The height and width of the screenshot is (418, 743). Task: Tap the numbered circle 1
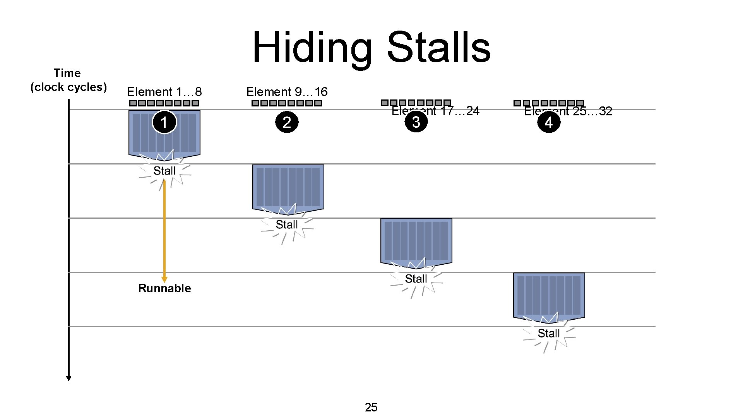coord(164,122)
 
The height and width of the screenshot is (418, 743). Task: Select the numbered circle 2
coord(287,122)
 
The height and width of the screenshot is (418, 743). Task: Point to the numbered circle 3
coord(416,122)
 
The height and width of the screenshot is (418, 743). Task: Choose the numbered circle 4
coord(549,122)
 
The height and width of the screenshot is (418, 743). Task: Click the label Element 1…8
coord(164,92)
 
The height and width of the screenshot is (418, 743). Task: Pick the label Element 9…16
coord(287,92)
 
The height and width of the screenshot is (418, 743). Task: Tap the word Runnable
coord(164,288)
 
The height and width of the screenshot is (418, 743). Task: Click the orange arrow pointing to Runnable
coord(164,232)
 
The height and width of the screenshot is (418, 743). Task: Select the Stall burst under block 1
coord(164,171)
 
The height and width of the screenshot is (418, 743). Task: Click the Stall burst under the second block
coord(287,225)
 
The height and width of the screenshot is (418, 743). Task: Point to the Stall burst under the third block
coord(416,279)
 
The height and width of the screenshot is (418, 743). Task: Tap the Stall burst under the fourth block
coord(549,333)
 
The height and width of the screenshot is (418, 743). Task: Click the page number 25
coord(371,407)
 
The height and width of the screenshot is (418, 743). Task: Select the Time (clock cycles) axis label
coord(68,80)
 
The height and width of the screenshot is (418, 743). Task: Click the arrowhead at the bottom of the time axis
coord(68,378)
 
